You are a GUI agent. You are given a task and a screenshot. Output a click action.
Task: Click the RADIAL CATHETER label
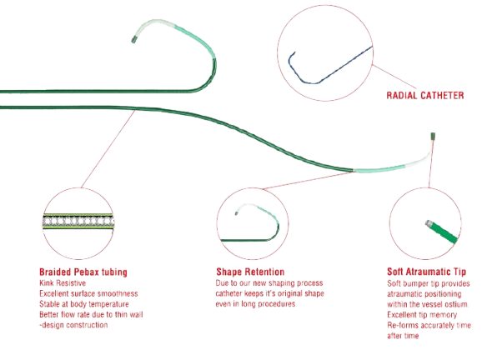[x=425, y=96]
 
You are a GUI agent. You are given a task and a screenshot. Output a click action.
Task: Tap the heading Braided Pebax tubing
[x=83, y=272]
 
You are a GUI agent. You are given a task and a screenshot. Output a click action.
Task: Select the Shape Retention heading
[x=250, y=272]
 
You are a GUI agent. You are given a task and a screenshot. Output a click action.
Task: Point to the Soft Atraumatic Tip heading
[x=426, y=272]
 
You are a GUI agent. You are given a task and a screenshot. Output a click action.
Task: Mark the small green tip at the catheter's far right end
[x=433, y=135]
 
